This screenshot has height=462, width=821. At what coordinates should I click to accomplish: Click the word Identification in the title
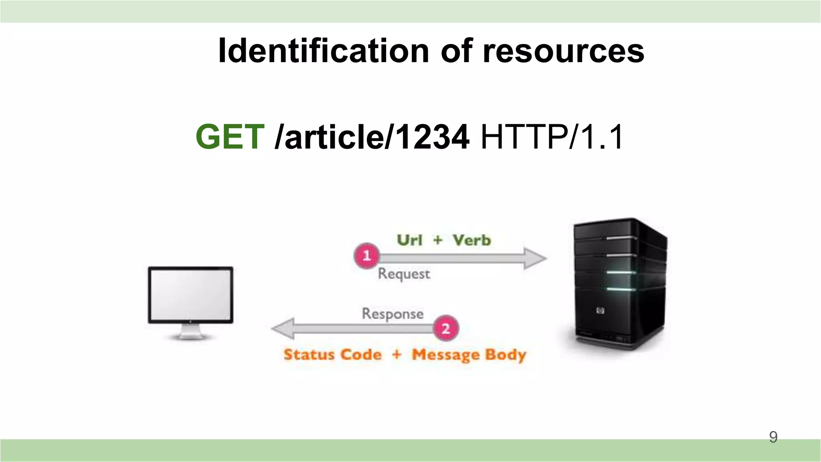point(323,51)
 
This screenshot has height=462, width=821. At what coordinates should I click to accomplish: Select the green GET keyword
point(230,137)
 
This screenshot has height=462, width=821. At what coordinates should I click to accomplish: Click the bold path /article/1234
point(372,137)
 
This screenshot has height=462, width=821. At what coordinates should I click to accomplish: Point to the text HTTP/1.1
point(552,137)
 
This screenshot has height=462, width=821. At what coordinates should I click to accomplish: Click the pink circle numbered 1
point(366,255)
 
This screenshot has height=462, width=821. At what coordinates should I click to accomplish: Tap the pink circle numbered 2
point(446,328)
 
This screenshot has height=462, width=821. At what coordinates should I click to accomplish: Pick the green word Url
point(409,240)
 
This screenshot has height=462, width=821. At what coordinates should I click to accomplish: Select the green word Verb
point(471,240)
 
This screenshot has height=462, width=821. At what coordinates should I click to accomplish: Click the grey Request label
point(404,274)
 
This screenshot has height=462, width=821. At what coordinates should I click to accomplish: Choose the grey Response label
point(392,314)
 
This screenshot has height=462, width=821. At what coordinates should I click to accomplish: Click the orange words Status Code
point(332,355)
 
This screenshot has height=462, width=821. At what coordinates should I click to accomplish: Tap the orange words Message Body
point(469,355)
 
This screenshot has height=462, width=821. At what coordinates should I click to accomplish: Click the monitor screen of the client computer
point(190,294)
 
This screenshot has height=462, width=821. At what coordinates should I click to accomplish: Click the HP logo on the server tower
point(600,310)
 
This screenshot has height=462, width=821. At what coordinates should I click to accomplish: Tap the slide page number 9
point(773,437)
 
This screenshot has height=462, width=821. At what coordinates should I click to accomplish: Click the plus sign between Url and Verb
point(438,240)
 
